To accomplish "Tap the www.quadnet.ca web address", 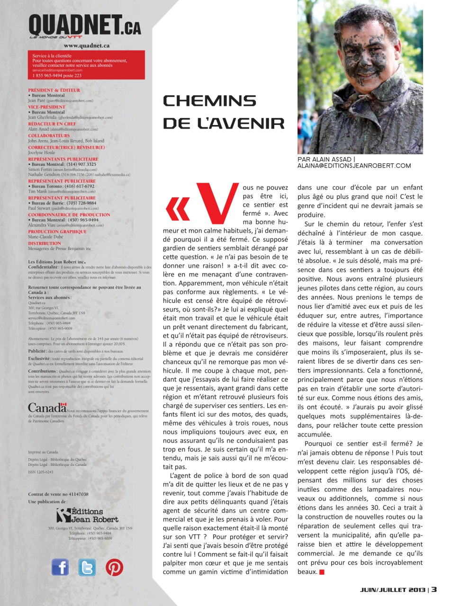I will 87,46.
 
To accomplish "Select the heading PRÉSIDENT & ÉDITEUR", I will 54,90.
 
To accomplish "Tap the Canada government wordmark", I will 47,407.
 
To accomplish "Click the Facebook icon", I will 60,567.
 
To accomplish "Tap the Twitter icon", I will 87,567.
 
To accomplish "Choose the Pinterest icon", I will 114,567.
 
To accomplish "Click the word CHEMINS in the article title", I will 209,101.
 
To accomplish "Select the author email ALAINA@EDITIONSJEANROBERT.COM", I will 354,166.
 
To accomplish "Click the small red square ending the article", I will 322,572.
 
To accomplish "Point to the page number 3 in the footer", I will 434,589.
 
